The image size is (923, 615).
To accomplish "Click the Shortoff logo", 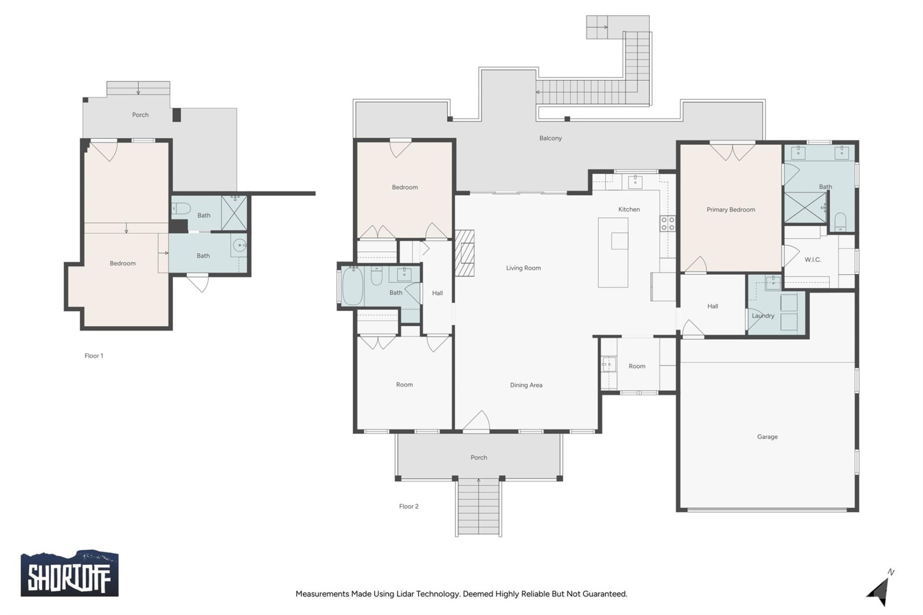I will tap(69, 574).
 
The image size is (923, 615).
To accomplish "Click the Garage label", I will tap(767, 437).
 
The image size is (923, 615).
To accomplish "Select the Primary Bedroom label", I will tap(730, 209).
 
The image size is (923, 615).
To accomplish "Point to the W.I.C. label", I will tap(812, 259).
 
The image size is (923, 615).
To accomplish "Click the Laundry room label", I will tap(763, 316).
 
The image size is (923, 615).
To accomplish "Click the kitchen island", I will tap(613, 253).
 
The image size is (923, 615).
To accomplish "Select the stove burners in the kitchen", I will tap(667, 223).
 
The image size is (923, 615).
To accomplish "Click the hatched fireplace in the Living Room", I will tap(465, 253).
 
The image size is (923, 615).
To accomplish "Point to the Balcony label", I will tap(550, 138).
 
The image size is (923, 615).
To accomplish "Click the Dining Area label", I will tap(526, 385).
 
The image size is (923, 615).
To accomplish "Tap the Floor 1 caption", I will tap(94, 356).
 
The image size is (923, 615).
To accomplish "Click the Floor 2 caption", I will tap(409, 506).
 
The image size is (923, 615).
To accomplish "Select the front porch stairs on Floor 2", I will tap(478, 507).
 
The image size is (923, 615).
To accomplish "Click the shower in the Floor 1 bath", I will tap(234, 212).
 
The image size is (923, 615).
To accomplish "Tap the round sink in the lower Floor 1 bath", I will tap(239, 246).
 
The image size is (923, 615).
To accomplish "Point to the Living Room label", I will tap(523, 268).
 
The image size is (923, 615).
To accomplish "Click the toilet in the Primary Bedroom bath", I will tap(840, 221).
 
